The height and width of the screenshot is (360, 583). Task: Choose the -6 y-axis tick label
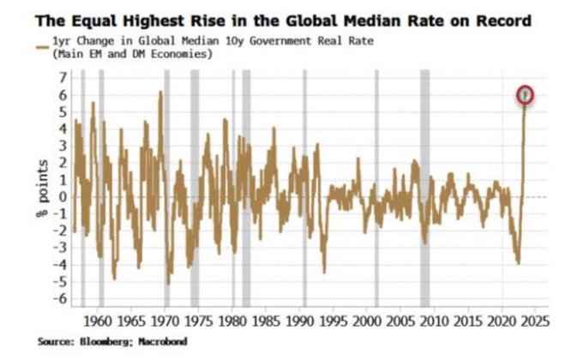pyautogui.click(x=60, y=298)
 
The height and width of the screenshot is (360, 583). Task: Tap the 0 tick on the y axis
pyautogui.click(x=62, y=197)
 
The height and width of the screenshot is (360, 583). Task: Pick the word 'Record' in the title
pyautogui.click(x=499, y=20)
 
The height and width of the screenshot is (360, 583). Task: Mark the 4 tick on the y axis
pyautogui.click(x=62, y=129)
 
